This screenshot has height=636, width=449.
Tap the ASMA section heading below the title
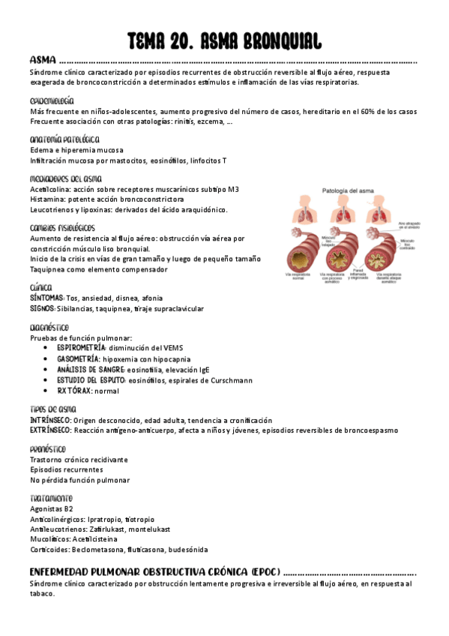(43, 60)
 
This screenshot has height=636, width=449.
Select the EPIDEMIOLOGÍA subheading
(52, 100)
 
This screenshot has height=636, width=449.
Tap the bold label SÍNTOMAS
(47, 298)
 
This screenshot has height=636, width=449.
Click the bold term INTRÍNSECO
(50, 420)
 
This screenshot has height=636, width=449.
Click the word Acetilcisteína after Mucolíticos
(100, 539)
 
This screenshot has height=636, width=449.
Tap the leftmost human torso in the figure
(308, 212)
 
